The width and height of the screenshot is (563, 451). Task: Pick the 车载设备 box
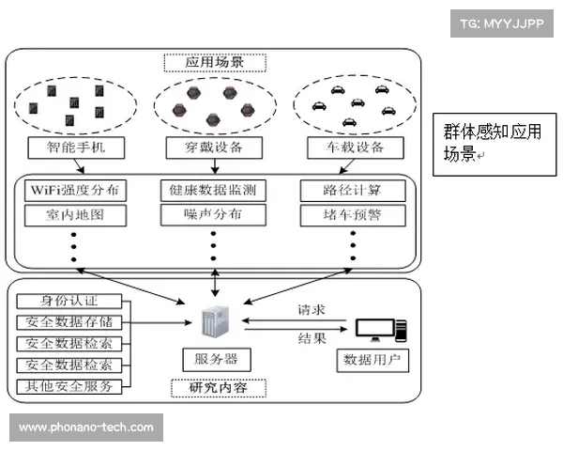coord(355,148)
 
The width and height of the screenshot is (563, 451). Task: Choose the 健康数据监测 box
coord(214,191)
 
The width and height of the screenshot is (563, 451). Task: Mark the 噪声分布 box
coord(214,215)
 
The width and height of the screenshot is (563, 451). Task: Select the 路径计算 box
coord(354,191)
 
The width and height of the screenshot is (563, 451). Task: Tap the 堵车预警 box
coord(354,215)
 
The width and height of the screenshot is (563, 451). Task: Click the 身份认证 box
coord(68,302)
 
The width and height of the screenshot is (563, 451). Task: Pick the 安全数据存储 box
coord(68,322)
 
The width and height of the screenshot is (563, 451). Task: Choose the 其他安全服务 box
coord(68,386)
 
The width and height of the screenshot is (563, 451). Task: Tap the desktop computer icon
coord(379,330)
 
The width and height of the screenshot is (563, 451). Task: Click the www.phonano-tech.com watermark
coord(86,428)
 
